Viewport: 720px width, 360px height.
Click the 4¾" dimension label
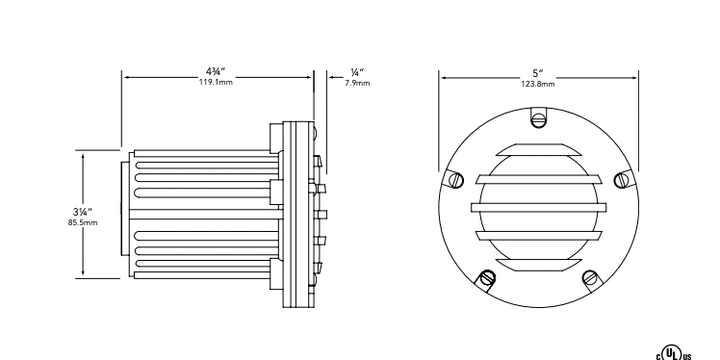click(x=216, y=71)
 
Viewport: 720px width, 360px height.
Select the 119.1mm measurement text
click(x=216, y=83)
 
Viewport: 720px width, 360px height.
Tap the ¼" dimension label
click(x=357, y=72)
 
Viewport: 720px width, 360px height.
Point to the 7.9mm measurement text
click(x=357, y=83)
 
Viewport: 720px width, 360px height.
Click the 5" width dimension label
click(x=538, y=72)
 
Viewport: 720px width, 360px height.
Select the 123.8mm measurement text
click(x=538, y=84)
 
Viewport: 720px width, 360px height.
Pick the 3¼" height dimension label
click(x=83, y=212)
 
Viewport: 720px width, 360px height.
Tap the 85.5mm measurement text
click(x=83, y=222)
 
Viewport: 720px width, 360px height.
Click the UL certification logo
click(x=674, y=354)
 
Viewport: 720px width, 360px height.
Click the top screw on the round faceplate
click(x=538, y=120)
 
